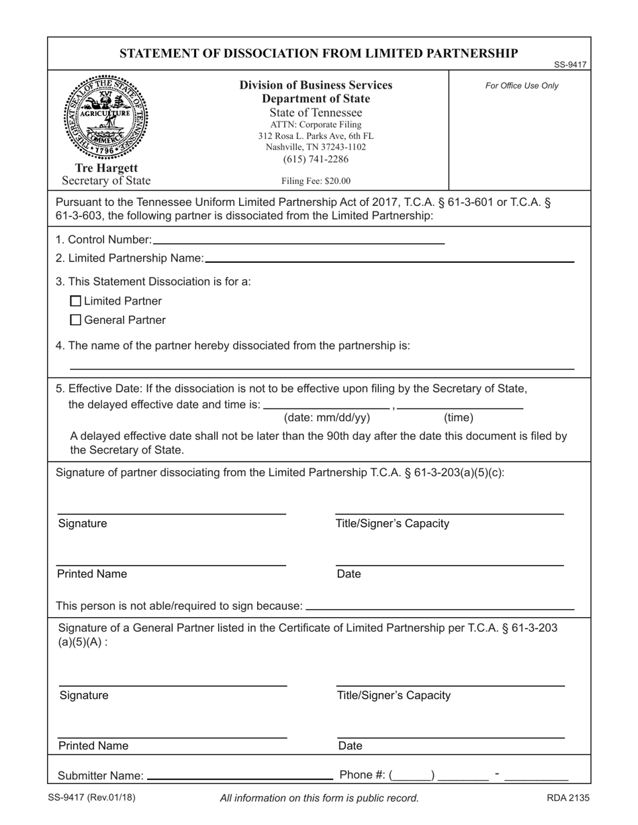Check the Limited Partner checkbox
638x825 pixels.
[76, 301]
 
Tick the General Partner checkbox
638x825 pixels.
[76, 320]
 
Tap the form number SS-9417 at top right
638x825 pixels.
[570, 65]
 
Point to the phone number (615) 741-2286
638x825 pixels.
[316, 159]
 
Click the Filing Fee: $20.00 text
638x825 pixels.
[316, 180]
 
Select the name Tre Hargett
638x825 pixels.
[106, 168]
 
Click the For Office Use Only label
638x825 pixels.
[522, 86]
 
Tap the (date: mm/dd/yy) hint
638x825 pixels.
[327, 418]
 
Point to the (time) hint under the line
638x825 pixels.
[459, 418]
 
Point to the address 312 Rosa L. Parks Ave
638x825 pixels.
[316, 135]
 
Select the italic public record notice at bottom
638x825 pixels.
[319, 798]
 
